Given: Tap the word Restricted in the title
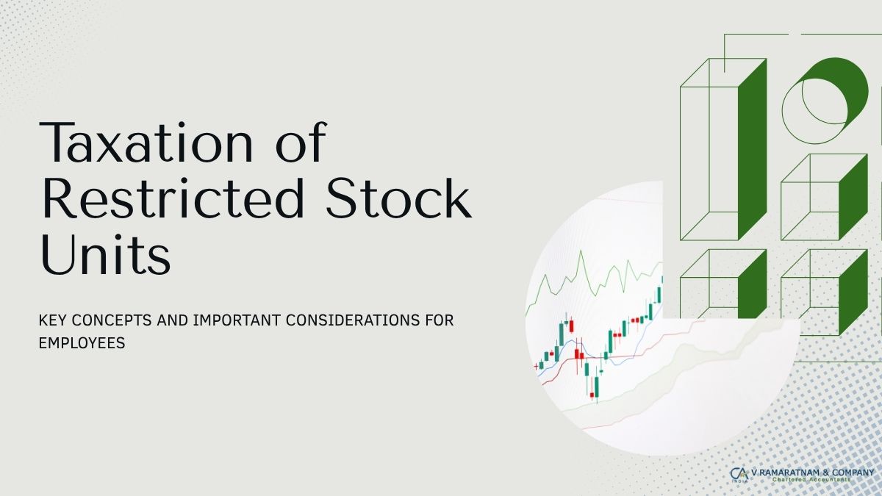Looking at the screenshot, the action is tap(173, 198).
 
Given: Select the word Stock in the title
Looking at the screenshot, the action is tap(399, 198).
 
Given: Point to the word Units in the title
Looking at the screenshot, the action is tap(106, 255).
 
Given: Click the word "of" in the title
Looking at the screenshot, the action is tap(301, 142).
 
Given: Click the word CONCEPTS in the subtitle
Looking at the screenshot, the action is tap(112, 320).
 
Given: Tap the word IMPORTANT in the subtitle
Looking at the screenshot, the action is tap(237, 320).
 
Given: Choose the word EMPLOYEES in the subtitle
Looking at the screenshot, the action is tap(82, 343).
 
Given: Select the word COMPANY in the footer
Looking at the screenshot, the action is tap(853, 472).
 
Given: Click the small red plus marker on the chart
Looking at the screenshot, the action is tap(536, 367).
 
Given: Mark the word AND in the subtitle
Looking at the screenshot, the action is tap(173, 320).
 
